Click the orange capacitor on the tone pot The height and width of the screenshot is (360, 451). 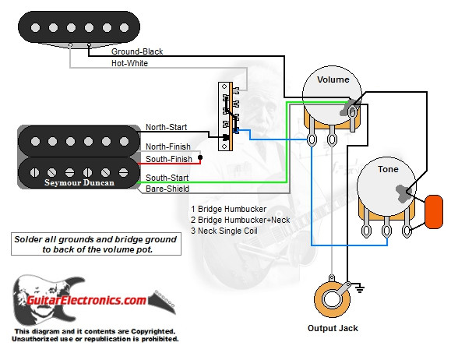pyautogui.click(x=433, y=211)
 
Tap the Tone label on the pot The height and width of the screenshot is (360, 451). pyautogui.click(x=387, y=169)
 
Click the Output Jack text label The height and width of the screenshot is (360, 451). pyautogui.click(x=333, y=328)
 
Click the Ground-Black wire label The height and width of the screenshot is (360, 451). pyautogui.click(x=137, y=51)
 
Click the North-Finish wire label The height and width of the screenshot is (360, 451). pyautogui.click(x=168, y=146)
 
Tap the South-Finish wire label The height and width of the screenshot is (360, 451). pyautogui.click(x=168, y=159)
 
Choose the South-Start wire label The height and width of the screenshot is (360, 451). pyautogui.click(x=167, y=178)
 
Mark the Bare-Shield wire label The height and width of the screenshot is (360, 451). pyautogui.click(x=167, y=189)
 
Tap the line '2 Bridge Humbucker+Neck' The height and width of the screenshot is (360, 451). pyautogui.click(x=240, y=220)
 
